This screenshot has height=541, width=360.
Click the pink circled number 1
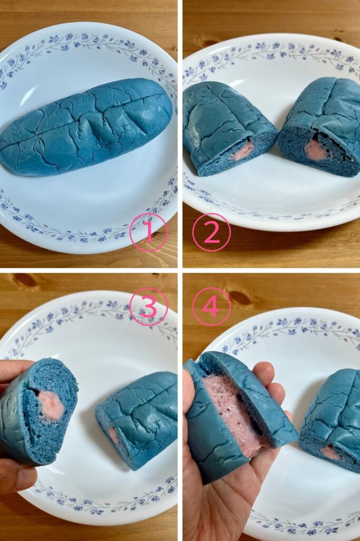click(x=149, y=232)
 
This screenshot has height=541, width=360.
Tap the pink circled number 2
click(x=211, y=232)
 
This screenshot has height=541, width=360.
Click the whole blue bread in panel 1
click(x=86, y=128)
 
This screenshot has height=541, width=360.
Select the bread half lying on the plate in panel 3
click(x=137, y=419)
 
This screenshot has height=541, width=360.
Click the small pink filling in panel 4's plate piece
click(x=331, y=453)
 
